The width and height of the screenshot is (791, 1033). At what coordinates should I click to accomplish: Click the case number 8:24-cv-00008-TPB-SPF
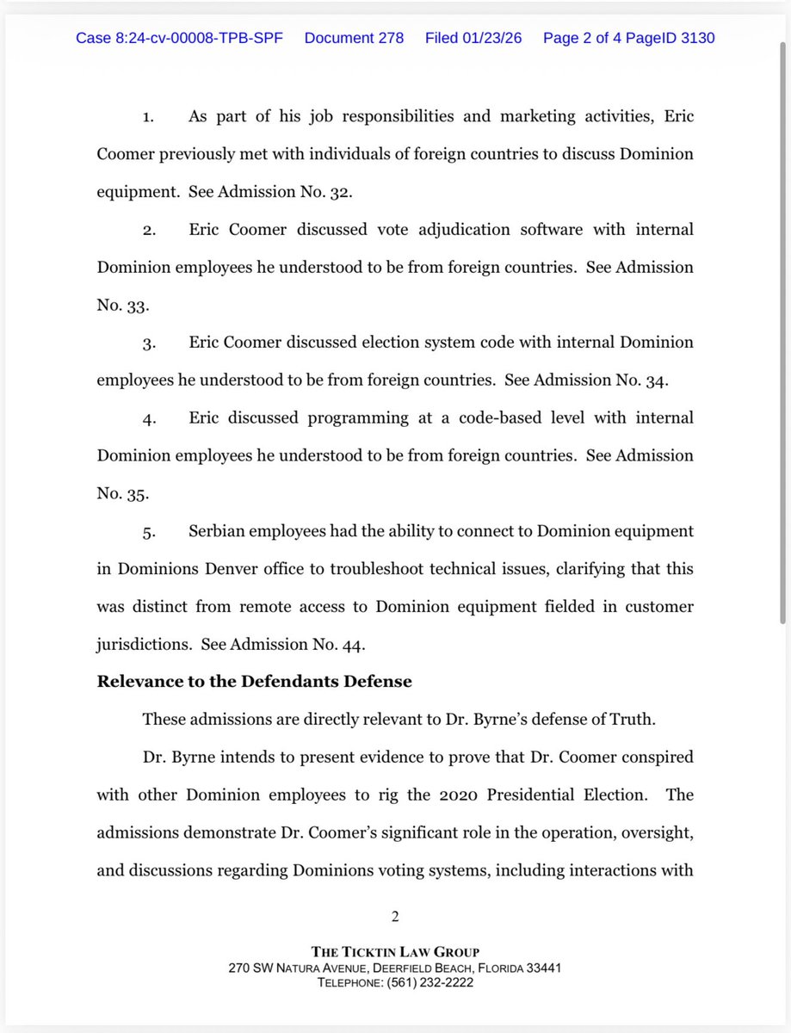click(x=180, y=39)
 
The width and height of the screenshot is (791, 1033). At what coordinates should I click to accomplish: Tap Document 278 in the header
click(x=354, y=39)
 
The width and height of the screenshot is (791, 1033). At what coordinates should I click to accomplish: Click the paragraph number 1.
click(x=147, y=117)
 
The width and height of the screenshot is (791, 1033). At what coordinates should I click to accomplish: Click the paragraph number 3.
click(x=148, y=343)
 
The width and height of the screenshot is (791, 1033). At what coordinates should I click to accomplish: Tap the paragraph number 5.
click(x=148, y=532)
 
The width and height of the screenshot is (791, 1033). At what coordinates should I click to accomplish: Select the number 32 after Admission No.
click(x=340, y=192)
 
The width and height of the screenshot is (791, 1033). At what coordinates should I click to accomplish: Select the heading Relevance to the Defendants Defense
click(x=254, y=682)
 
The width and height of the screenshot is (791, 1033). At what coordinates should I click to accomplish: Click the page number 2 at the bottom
click(x=395, y=917)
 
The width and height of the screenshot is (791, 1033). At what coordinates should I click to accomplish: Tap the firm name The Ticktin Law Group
click(x=395, y=952)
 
